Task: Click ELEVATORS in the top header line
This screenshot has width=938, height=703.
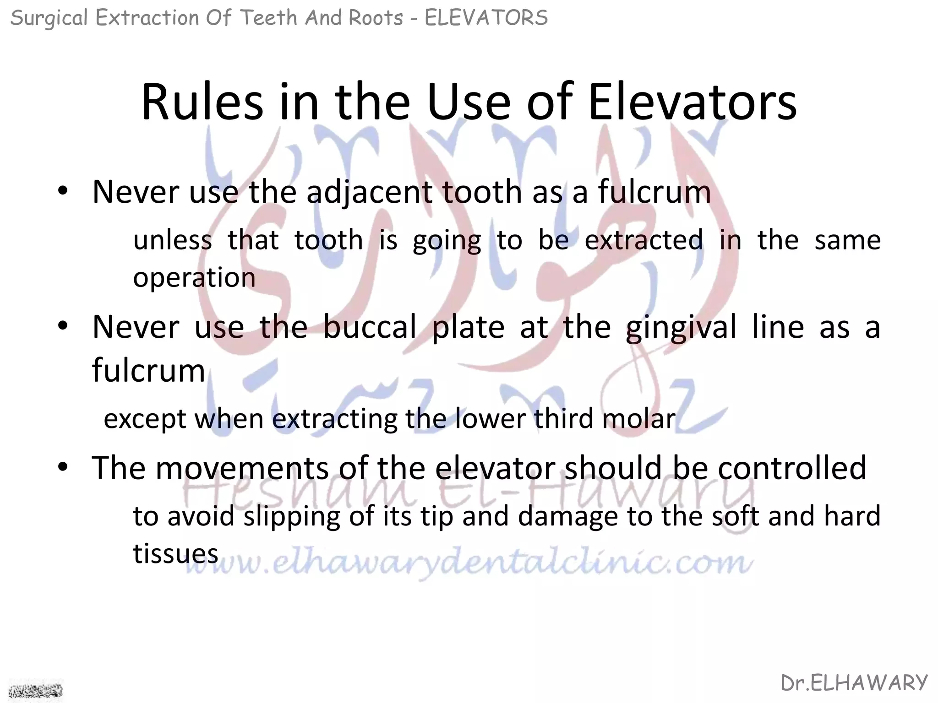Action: coord(486,18)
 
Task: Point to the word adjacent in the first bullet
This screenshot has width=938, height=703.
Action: coord(369,192)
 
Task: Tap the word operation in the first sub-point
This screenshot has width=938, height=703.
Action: coord(194,278)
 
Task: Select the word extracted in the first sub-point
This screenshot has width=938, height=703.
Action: coord(644,240)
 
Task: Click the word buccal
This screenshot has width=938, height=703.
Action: coord(369,327)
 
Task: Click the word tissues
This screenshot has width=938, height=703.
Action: coord(175,554)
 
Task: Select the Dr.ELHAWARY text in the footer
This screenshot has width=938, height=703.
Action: coord(854,683)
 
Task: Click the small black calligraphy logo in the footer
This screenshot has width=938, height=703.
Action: coord(36,690)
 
